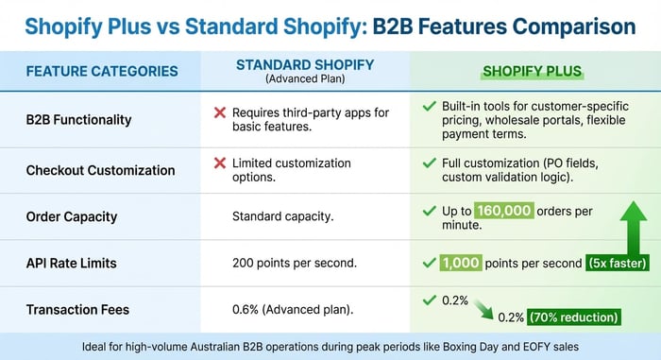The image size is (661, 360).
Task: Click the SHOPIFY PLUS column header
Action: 532,70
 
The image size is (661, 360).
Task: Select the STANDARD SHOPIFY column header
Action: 304,64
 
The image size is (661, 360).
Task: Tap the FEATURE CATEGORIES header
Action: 101,71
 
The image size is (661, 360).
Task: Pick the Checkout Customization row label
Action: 100,170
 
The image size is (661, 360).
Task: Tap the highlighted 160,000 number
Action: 504,211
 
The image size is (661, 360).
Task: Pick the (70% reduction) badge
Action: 574,317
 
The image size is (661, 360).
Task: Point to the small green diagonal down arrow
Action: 483,309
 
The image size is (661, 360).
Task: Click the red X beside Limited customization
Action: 219,163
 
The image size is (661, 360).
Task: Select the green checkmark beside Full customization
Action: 429,163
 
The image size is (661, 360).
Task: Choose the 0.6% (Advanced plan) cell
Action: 293,308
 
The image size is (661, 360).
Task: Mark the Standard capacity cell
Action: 282,217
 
